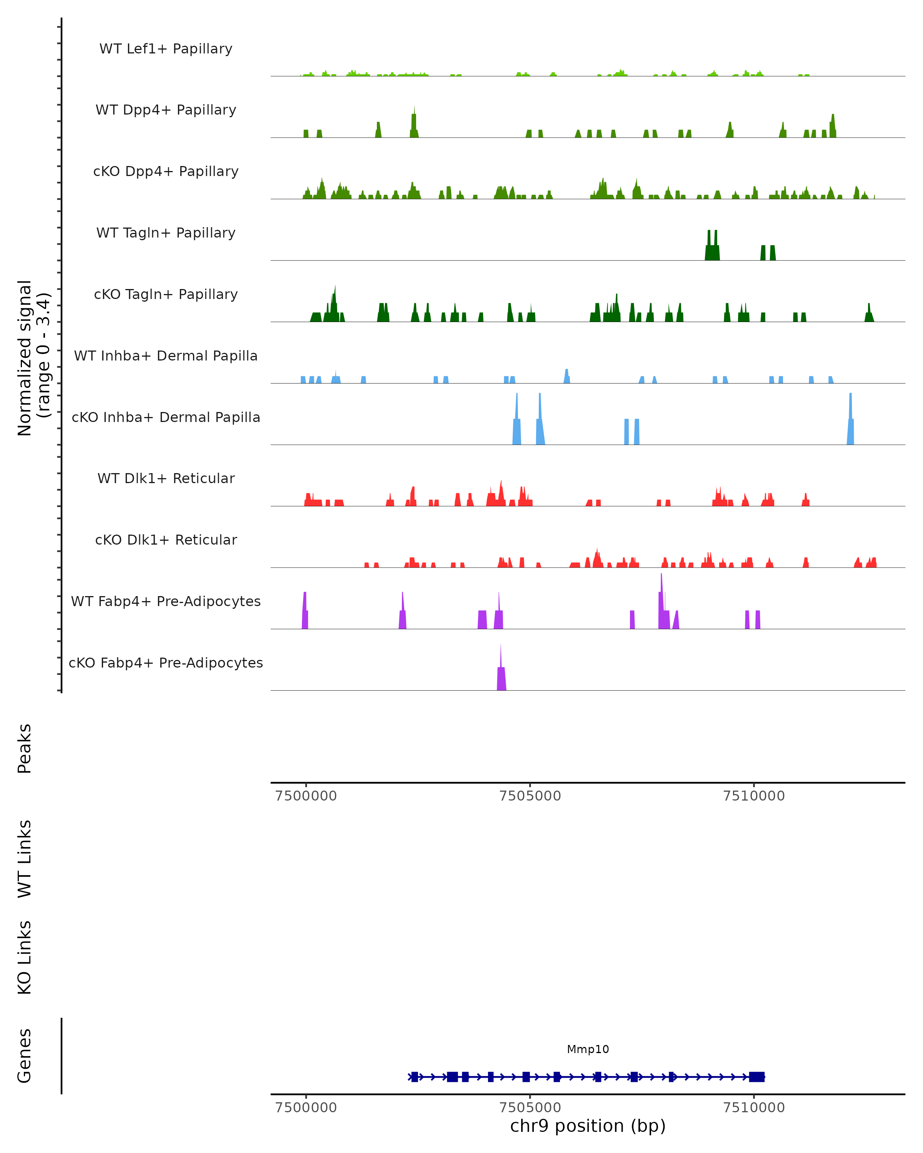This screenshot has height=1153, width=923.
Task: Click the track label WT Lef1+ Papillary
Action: [x=166, y=49]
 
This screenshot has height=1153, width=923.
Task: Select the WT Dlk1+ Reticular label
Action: [x=166, y=478]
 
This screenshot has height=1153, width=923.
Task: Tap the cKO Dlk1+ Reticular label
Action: [x=166, y=540]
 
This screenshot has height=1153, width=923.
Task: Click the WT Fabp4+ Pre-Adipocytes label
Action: [x=166, y=601]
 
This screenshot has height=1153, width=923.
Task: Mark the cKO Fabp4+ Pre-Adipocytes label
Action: [x=166, y=663]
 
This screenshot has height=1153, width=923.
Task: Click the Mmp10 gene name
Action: [x=588, y=1049]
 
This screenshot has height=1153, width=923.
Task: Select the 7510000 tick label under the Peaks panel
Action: [x=753, y=796]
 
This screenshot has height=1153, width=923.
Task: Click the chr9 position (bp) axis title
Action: [x=588, y=1126]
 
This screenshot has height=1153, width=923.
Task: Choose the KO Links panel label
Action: [x=25, y=957]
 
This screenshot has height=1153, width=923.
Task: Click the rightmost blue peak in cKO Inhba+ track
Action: [x=850, y=422]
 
